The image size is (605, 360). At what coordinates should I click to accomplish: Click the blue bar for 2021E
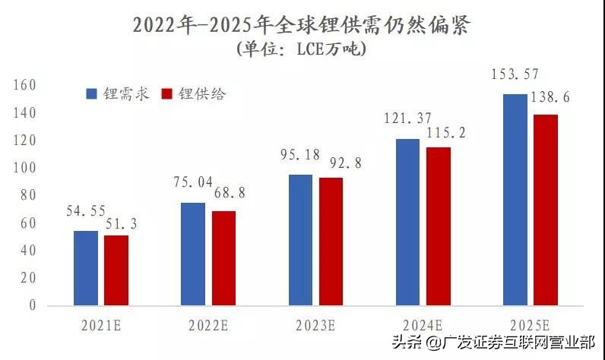(86, 267)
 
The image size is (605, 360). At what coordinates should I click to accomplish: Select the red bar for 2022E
(223, 258)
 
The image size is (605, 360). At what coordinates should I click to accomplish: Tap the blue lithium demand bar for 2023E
(300, 240)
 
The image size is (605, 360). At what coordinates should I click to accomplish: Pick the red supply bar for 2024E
(438, 226)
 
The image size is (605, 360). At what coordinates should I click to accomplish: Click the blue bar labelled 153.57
(515, 200)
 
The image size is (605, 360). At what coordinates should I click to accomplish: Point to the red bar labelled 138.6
(546, 210)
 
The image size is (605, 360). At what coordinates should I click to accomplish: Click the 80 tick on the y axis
(29, 195)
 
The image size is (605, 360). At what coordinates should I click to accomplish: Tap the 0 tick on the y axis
(32, 305)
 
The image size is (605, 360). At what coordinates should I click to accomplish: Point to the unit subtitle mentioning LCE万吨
(302, 50)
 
